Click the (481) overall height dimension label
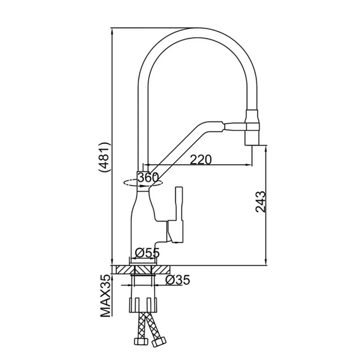pyautogui.click(x=105, y=157)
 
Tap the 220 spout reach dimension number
pyautogui.click(x=200, y=160)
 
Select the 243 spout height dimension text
pyautogui.click(x=261, y=201)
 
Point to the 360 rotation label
pyautogui.click(x=148, y=177)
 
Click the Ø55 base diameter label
pyautogui.click(x=147, y=253)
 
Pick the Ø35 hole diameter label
pyautogui.click(x=177, y=280)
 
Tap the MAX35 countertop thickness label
pyautogui.click(x=105, y=296)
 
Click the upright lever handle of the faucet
pyautogui.click(x=179, y=204)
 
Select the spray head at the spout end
pyautogui.click(x=253, y=128)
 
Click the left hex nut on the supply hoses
pyautogui.click(x=139, y=340)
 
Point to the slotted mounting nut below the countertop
pyautogui.click(x=143, y=305)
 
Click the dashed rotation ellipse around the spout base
pyautogui.click(x=143, y=183)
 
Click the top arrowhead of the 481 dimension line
pyautogui.click(x=112, y=31)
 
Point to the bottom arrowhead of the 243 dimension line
pyautogui.click(x=266, y=262)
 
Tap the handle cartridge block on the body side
pyautogui.click(x=176, y=231)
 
